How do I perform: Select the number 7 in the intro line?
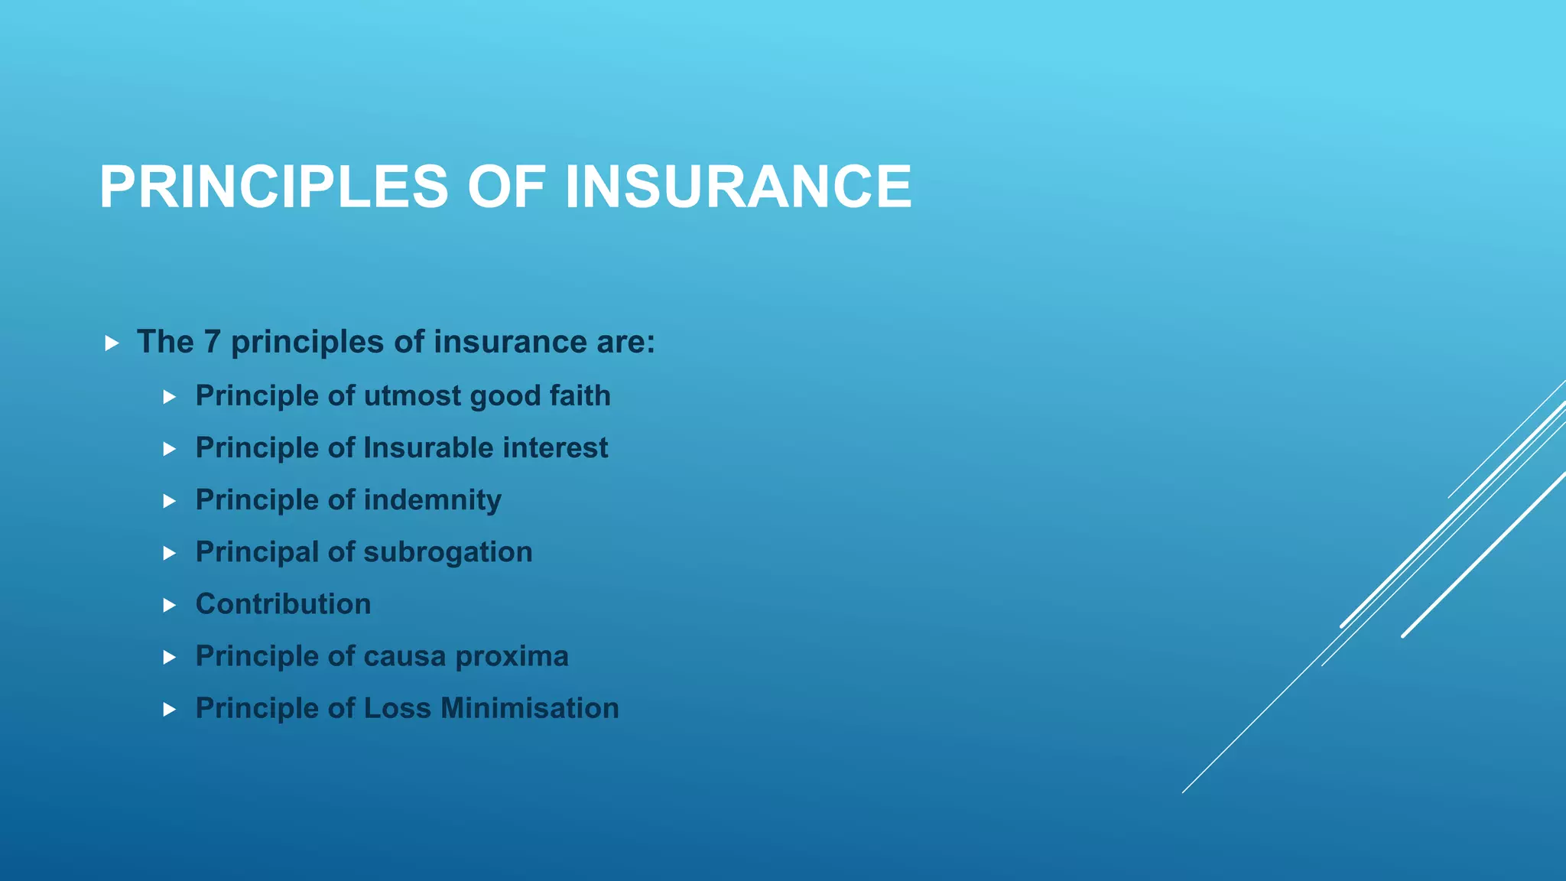tap(212, 342)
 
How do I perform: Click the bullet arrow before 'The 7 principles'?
tap(112, 343)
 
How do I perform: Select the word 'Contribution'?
tap(283, 604)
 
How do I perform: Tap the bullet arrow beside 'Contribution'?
tap(170, 606)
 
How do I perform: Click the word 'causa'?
tap(405, 656)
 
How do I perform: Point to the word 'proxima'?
tap(512, 657)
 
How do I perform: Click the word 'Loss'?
tap(398, 708)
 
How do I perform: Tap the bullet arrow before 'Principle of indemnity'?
tap(170, 502)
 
